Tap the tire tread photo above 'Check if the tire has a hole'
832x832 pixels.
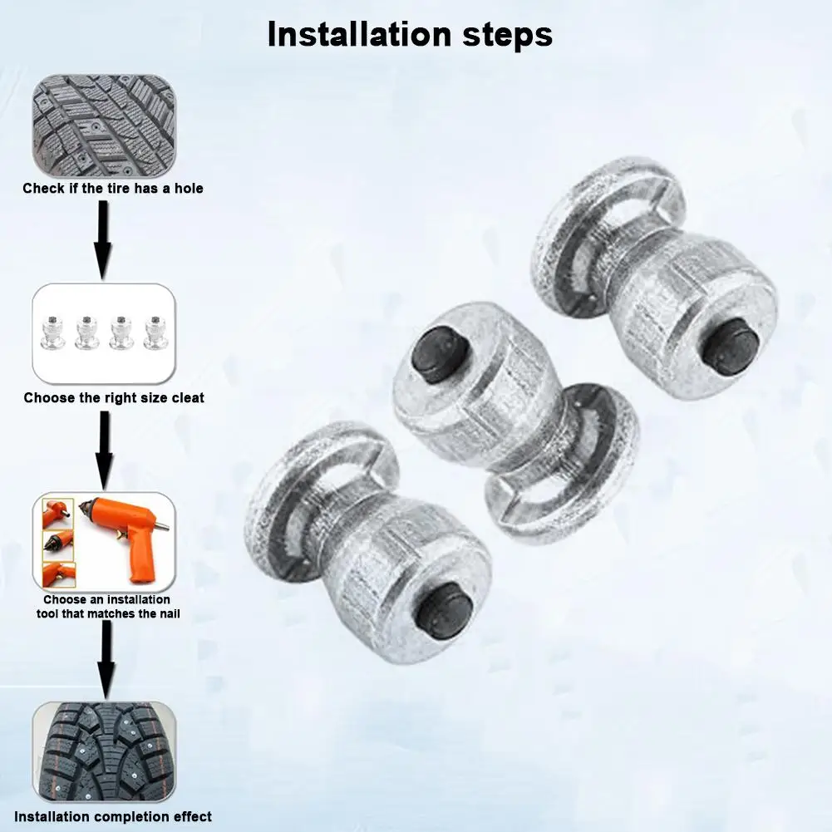104,122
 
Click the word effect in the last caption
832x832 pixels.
192,817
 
